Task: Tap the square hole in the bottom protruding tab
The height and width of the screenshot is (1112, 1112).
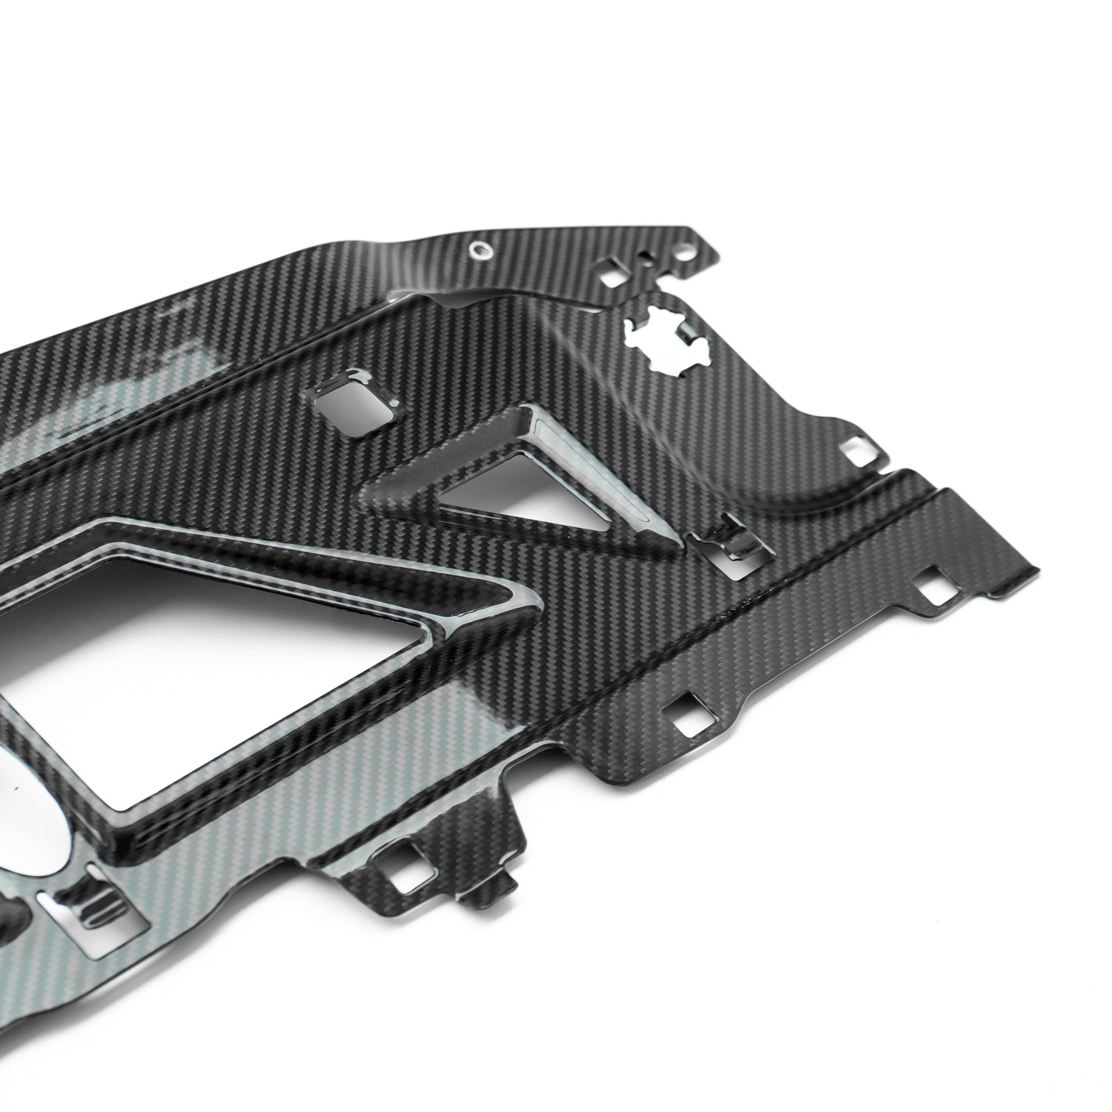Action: click(404, 878)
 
